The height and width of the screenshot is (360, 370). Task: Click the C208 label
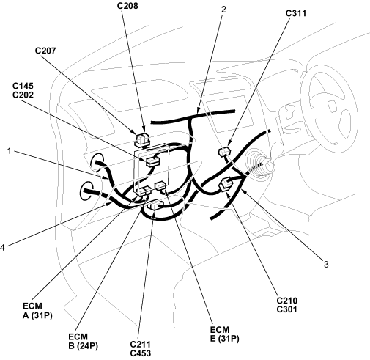point(127,6)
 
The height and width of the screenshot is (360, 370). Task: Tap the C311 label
point(296,13)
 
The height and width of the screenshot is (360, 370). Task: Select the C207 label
point(45,51)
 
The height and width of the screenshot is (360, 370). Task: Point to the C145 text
point(23,86)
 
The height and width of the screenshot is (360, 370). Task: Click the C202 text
point(23,95)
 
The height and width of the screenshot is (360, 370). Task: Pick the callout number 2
point(223,10)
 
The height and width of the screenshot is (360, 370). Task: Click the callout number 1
point(10,151)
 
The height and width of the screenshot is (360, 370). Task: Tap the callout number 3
point(326,264)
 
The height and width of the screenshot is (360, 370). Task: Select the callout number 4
point(2,248)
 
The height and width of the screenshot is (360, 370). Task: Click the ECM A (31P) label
point(37,311)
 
